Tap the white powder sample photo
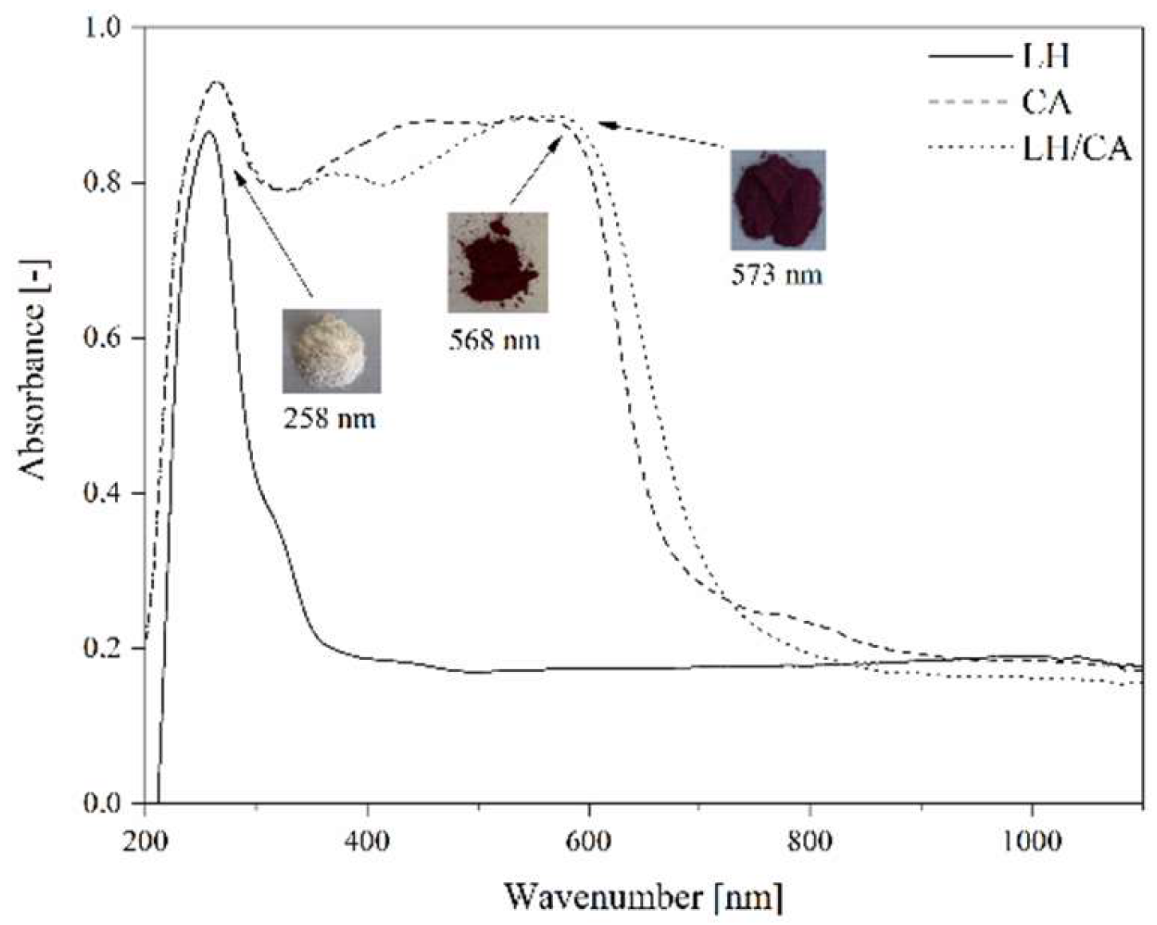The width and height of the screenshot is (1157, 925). (x=331, y=351)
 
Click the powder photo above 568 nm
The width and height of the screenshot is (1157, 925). (x=497, y=262)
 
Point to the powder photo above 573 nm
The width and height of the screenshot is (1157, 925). (x=778, y=200)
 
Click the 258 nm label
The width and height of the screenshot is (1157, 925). (x=329, y=418)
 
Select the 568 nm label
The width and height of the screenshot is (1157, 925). (x=493, y=341)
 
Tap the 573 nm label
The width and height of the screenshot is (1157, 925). (x=776, y=275)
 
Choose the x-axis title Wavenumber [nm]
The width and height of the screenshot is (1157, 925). (x=643, y=896)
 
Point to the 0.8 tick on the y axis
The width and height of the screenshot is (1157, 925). (x=103, y=183)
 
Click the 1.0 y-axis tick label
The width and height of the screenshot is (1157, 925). (x=103, y=28)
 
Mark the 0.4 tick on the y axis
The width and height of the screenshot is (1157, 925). (x=103, y=493)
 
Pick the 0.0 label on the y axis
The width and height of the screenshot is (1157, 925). (x=103, y=803)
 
